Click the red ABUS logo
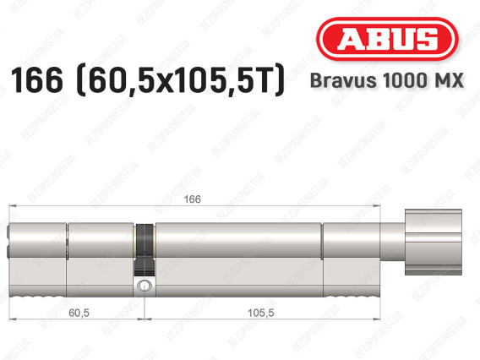[387, 39]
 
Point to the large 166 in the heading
[36, 80]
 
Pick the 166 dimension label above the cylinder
[192, 199]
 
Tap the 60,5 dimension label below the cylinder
[79, 313]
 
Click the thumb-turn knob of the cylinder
[434, 242]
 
